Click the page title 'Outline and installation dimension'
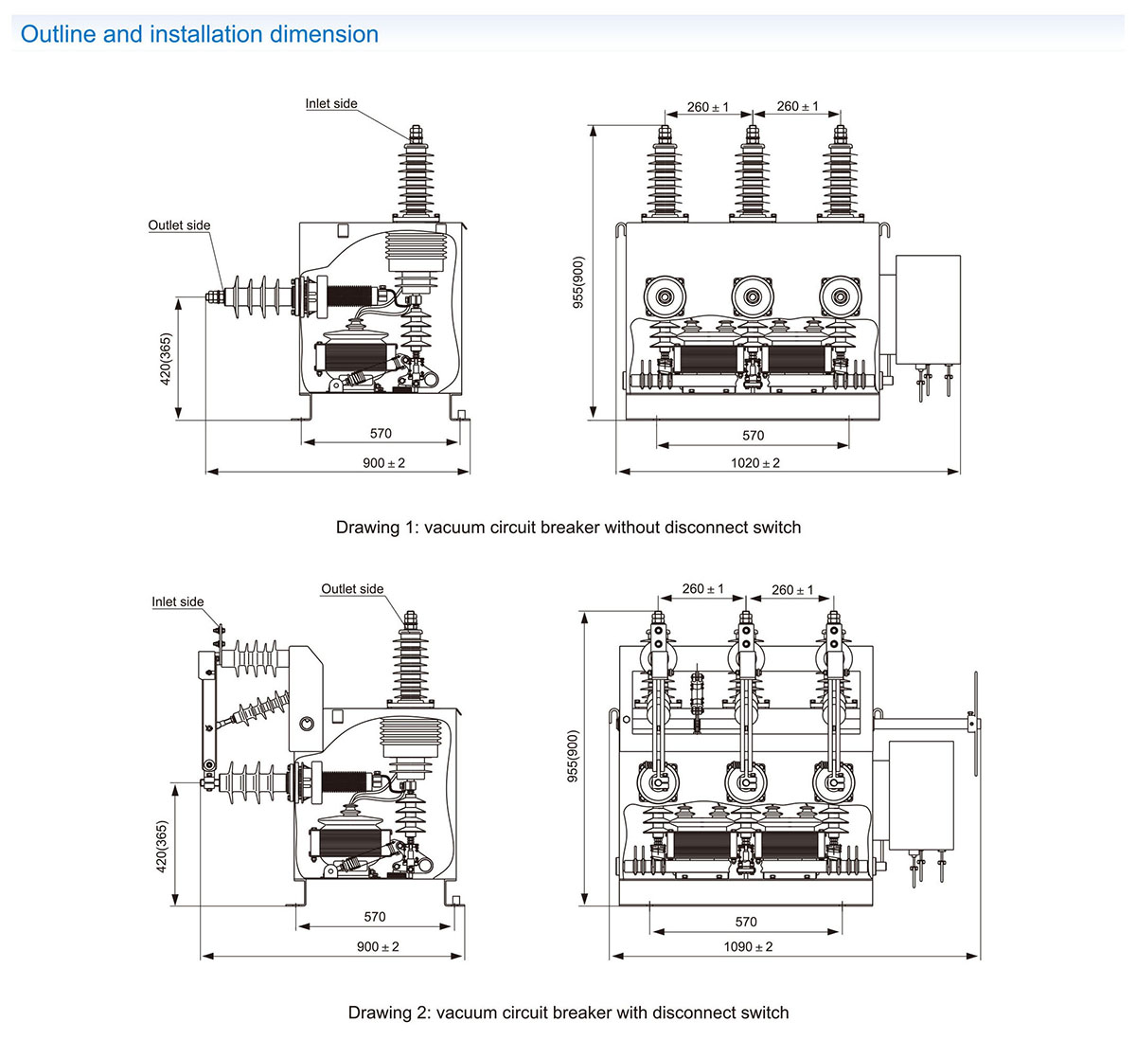coord(200,35)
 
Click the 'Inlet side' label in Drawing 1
coord(331,103)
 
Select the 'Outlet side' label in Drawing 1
coord(179,225)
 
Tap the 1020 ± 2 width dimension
coord(755,463)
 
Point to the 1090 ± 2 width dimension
coord(748,947)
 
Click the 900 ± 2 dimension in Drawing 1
coord(384,463)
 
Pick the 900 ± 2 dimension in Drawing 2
coord(378,947)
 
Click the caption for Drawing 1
coord(568,528)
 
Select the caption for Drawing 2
coord(568,1013)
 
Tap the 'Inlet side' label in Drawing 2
coord(178,601)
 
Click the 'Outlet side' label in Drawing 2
coord(352,589)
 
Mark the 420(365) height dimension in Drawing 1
coord(167,358)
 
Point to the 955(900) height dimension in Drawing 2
coord(570,756)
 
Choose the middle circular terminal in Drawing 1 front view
coord(752,296)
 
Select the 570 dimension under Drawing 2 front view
coord(746,922)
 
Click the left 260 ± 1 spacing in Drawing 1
coord(708,107)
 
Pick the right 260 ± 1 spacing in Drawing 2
coord(792,590)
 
